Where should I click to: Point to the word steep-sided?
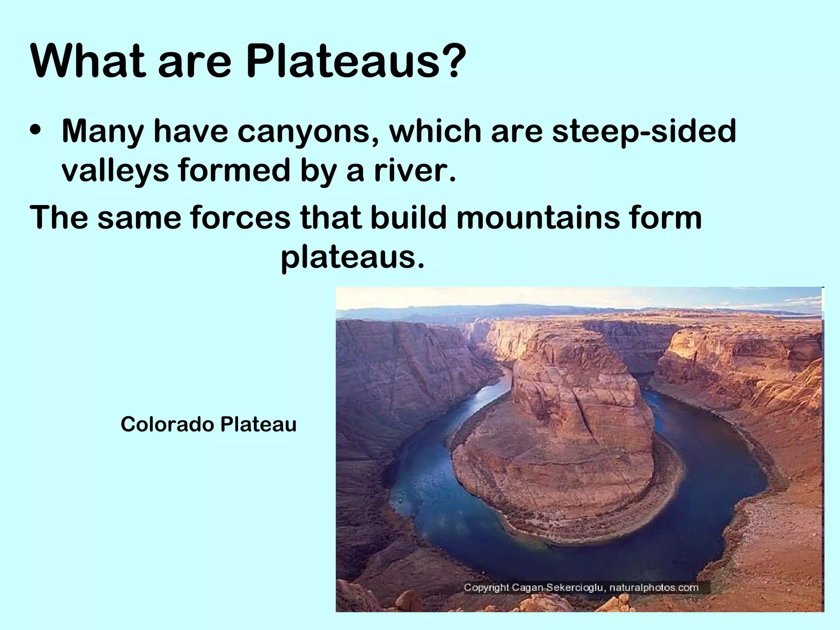[x=644, y=132]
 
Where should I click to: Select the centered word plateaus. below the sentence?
[x=353, y=258]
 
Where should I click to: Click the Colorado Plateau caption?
[x=208, y=424]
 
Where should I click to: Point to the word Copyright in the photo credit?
[x=486, y=587]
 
